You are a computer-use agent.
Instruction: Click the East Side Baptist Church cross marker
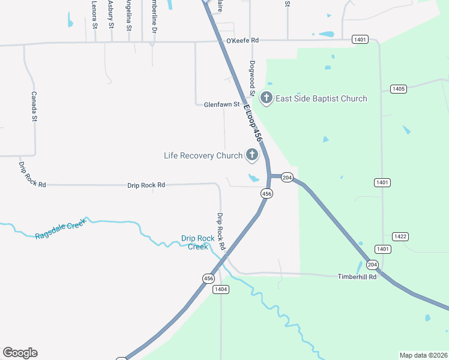pos(266,98)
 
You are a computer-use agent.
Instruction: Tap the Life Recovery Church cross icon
pos(252,155)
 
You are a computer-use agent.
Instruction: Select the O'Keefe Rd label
pos(242,40)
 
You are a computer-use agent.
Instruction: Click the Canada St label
pos(34,106)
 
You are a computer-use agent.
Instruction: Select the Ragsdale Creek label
pos(60,228)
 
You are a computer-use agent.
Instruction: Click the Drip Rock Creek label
pos(198,242)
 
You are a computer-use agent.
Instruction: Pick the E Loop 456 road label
pos(253,123)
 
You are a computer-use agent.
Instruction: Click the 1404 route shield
pos(221,289)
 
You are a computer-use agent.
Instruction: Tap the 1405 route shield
pos(398,89)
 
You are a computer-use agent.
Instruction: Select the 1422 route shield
pos(400,236)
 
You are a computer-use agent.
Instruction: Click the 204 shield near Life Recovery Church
pos(287,177)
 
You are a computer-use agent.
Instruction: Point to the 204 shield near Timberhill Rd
pos(372,265)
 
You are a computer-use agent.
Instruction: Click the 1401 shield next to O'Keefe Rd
pos(360,40)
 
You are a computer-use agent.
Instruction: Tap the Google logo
pos(20,353)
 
